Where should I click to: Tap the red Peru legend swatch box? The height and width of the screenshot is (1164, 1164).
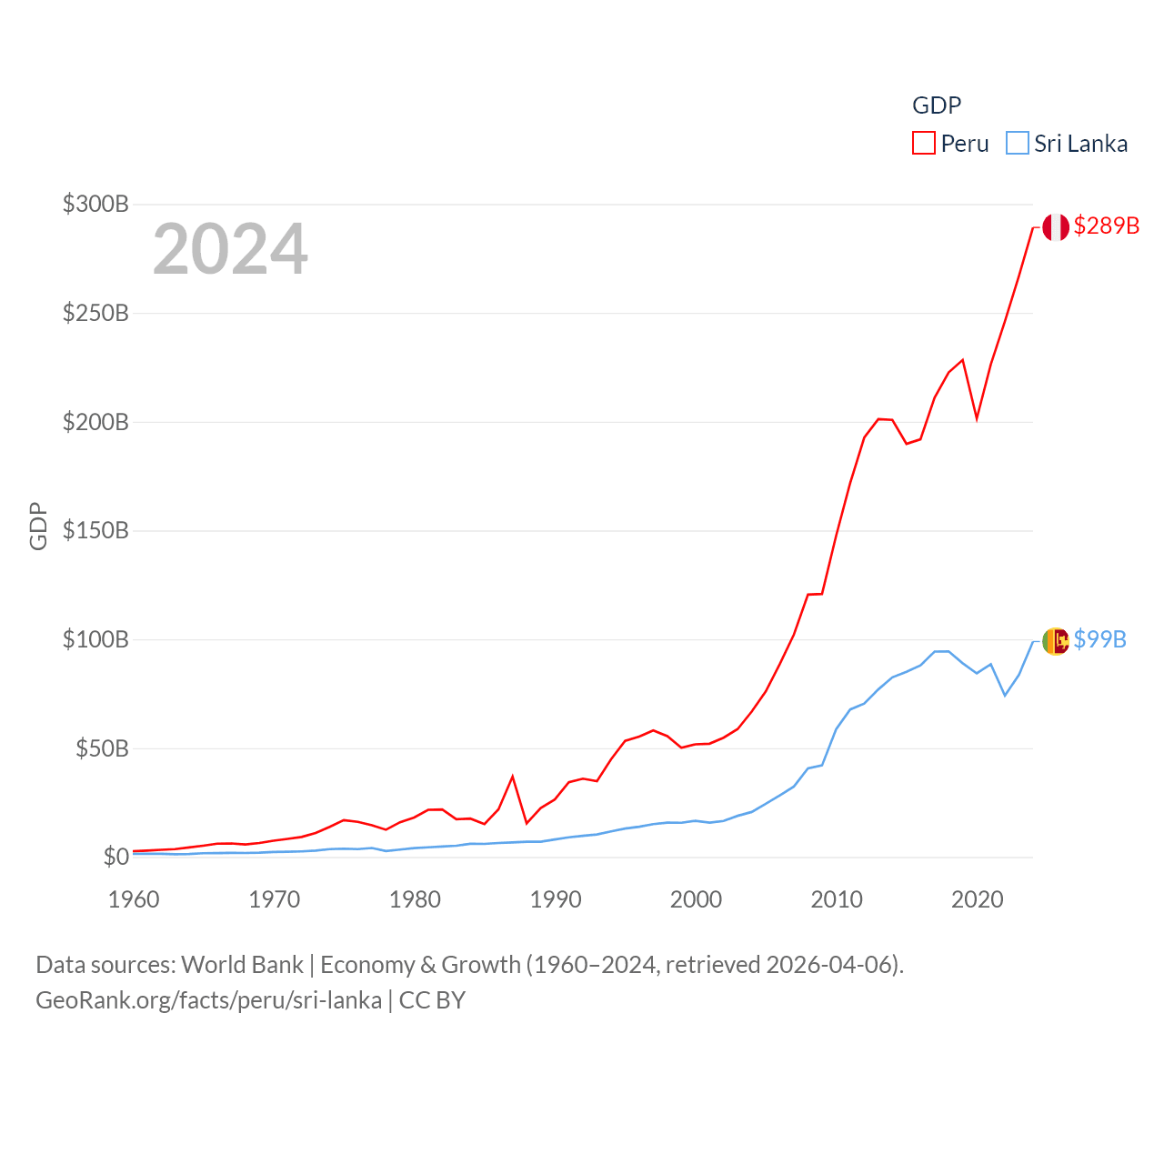coord(924,144)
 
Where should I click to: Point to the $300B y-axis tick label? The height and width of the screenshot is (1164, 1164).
coord(95,204)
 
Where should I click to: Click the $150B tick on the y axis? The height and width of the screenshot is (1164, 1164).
coord(95,530)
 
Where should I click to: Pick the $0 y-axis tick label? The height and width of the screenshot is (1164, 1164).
coord(115,857)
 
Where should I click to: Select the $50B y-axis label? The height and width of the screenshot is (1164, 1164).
coord(102,748)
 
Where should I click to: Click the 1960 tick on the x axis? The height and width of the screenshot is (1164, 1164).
coord(134,899)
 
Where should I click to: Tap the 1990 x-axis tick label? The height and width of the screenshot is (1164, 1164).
coord(556,899)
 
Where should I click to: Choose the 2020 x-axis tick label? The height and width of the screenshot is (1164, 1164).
coord(977,899)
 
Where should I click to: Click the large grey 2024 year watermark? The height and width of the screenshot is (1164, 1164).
coord(230,249)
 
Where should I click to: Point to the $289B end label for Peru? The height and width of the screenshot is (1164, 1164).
coord(1106,226)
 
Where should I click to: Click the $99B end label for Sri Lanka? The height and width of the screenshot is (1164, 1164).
coord(1099,639)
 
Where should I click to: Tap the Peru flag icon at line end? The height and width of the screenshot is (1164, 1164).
coord(1056,227)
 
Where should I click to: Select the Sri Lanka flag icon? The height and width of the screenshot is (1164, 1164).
coord(1056,641)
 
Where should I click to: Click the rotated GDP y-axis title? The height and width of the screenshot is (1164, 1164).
coord(38,526)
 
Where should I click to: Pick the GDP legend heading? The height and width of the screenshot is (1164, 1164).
coord(937,105)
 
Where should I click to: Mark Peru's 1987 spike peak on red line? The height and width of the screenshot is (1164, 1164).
coord(513,776)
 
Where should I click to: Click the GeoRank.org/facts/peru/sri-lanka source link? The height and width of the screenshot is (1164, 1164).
coord(208,1000)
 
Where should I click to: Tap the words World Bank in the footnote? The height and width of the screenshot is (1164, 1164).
coord(242,965)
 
